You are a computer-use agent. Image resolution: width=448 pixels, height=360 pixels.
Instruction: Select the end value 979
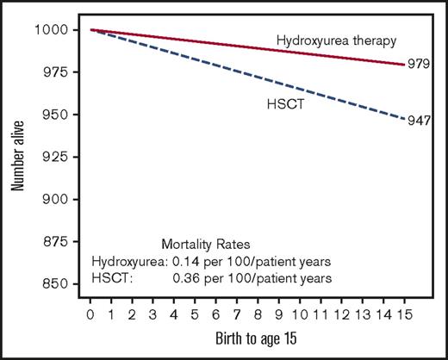(420, 64)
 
